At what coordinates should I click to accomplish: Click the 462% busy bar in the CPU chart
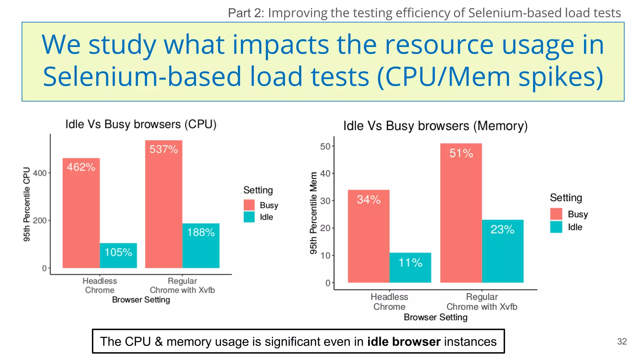(x=81, y=213)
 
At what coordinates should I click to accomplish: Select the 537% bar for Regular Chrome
(x=164, y=204)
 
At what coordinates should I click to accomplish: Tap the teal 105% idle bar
(x=118, y=255)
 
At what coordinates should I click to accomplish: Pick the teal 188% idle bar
(x=201, y=246)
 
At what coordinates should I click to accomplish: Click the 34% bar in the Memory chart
(x=369, y=236)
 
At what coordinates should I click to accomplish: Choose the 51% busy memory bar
(x=461, y=213)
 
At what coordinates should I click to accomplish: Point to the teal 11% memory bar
(x=410, y=268)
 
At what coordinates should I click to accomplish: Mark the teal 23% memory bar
(x=503, y=251)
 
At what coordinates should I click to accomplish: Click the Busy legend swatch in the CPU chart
(x=249, y=205)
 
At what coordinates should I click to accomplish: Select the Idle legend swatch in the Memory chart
(x=556, y=227)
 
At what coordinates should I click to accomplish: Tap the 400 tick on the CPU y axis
(x=40, y=173)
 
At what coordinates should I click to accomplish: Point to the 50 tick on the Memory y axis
(x=325, y=146)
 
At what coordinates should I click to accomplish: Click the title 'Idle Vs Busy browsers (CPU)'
(x=141, y=124)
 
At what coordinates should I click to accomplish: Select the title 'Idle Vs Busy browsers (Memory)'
(x=435, y=126)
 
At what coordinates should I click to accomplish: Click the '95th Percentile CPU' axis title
(x=27, y=204)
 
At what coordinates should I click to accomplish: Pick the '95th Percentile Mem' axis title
(x=313, y=213)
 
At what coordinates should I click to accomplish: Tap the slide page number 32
(x=622, y=341)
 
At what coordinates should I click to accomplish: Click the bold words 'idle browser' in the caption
(x=404, y=341)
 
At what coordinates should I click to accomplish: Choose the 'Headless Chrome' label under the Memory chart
(x=389, y=301)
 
